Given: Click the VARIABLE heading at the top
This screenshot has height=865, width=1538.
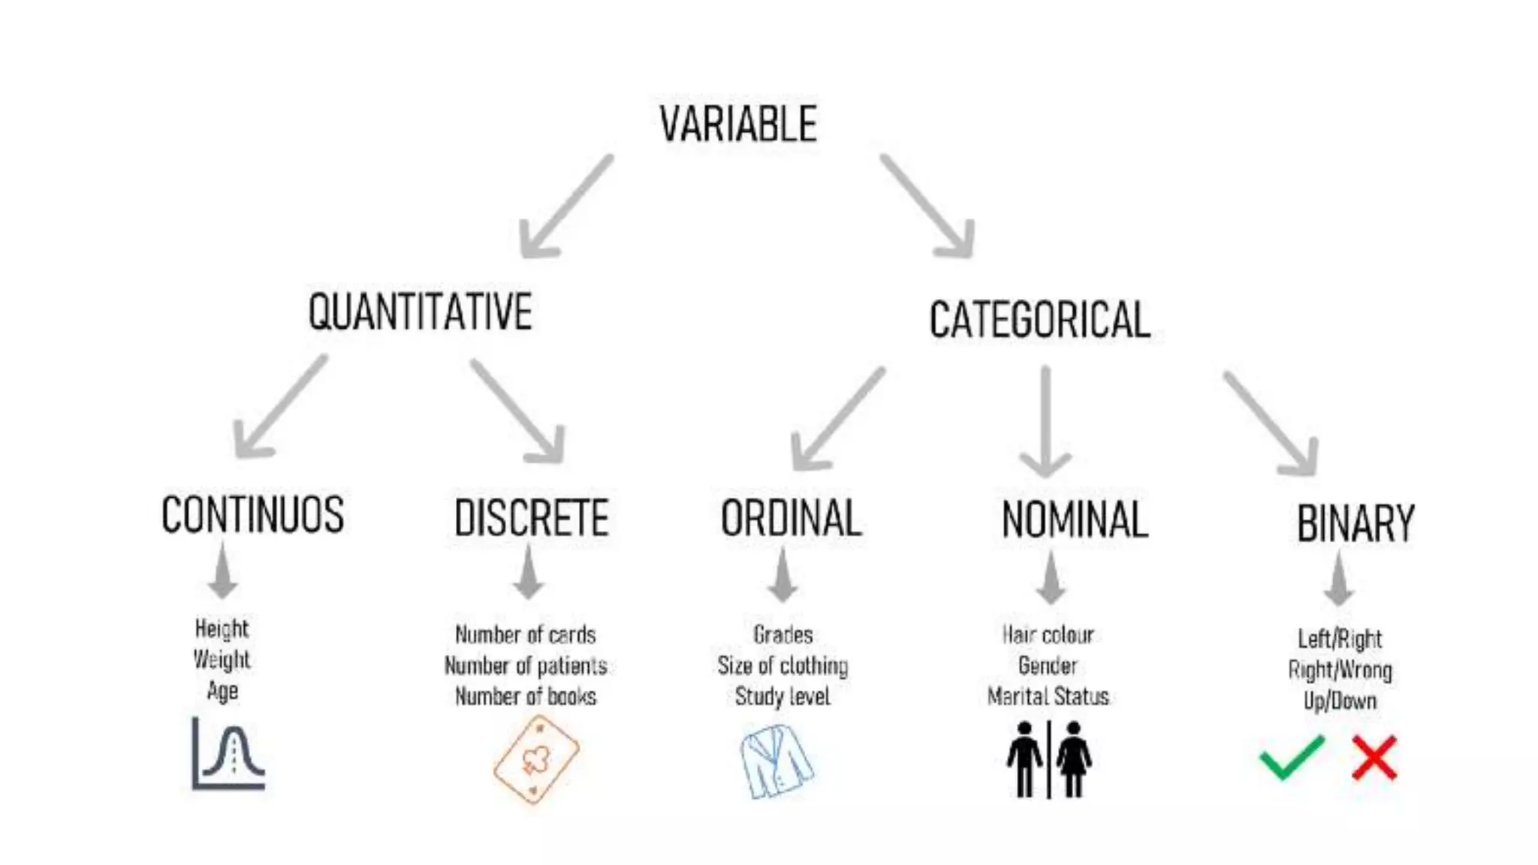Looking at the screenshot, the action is pyautogui.click(x=738, y=125).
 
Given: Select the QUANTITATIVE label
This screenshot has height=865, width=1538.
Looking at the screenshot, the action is pyautogui.click(x=420, y=312).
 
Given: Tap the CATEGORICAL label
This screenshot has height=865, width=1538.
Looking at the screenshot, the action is pyautogui.click(x=1039, y=320).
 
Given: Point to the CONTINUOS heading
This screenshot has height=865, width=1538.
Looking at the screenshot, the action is pyautogui.click(x=252, y=515).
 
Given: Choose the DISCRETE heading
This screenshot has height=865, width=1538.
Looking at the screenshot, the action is pyautogui.click(x=531, y=518).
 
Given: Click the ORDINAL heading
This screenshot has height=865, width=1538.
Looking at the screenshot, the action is pyautogui.click(x=791, y=518).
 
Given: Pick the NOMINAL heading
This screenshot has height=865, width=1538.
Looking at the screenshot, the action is pyautogui.click(x=1075, y=520).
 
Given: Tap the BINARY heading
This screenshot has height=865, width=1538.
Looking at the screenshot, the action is pyautogui.click(x=1356, y=523).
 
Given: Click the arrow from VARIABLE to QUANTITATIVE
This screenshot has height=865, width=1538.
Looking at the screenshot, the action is pyautogui.click(x=565, y=208).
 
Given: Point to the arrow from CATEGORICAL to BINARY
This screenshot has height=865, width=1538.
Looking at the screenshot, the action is pyautogui.click(x=1272, y=424).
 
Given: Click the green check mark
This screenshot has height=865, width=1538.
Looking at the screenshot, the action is pyautogui.click(x=1291, y=758).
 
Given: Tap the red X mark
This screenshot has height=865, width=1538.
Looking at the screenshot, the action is pyautogui.click(x=1374, y=758).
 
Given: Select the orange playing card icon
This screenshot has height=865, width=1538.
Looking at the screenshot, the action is pyautogui.click(x=535, y=760).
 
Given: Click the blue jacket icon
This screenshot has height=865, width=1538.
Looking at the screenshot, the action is pyautogui.click(x=776, y=761).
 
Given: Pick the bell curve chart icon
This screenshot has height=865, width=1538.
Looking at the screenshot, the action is pyautogui.click(x=228, y=753).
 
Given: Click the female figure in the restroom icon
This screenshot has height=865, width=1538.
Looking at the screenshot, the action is pyautogui.click(x=1074, y=758).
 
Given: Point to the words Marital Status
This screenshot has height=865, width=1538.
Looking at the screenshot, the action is pyautogui.click(x=1048, y=697).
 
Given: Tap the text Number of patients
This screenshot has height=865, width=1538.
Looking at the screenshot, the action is pyautogui.click(x=526, y=666).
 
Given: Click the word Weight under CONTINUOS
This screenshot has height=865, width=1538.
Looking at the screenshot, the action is pyautogui.click(x=222, y=659).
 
